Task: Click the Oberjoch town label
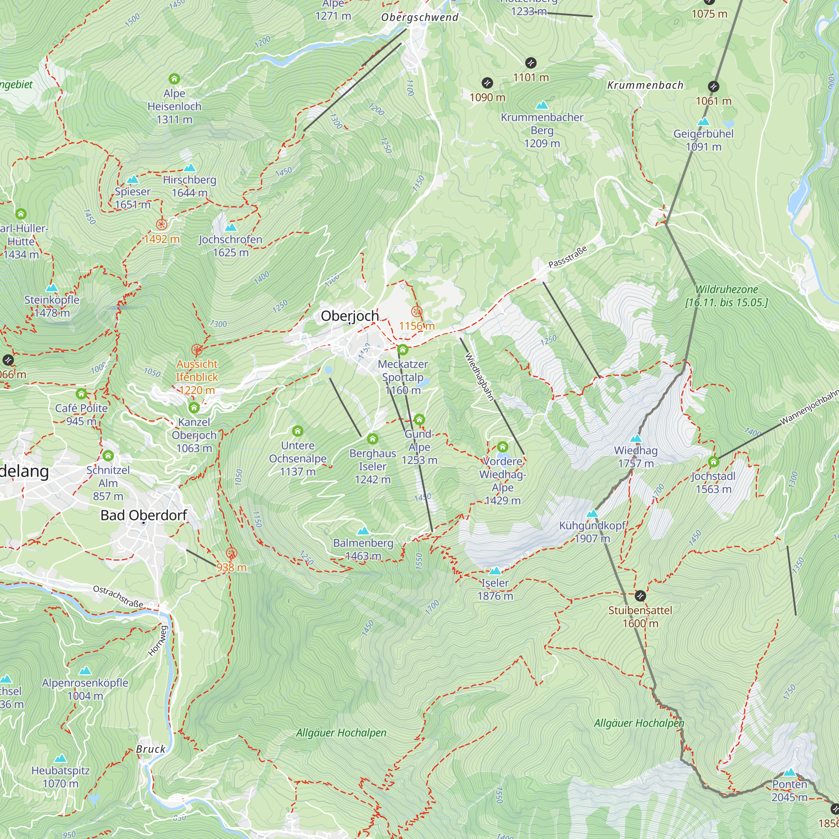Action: pyautogui.click(x=350, y=316)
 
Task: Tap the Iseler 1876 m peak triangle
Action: pyautogui.click(x=495, y=571)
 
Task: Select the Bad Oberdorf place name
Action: pyautogui.click(x=143, y=515)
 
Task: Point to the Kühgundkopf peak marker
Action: pyautogui.click(x=592, y=514)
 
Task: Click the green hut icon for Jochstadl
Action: pyautogui.click(x=713, y=461)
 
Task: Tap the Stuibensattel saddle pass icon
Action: pyautogui.click(x=640, y=595)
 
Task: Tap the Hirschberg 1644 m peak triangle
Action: pyautogui.click(x=189, y=168)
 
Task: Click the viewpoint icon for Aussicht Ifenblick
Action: pyautogui.click(x=197, y=349)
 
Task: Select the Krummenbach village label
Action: pyautogui.click(x=645, y=85)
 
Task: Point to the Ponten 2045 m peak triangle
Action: pyautogui.click(x=789, y=772)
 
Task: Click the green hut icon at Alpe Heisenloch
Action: pyautogui.click(x=174, y=79)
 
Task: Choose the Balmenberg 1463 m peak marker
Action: pyautogui.click(x=363, y=531)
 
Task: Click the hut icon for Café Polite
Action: pyautogui.click(x=81, y=394)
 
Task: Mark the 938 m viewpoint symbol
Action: pyautogui.click(x=232, y=553)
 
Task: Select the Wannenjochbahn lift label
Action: pyautogui.click(x=810, y=407)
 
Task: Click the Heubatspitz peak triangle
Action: pyautogui.click(x=60, y=758)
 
